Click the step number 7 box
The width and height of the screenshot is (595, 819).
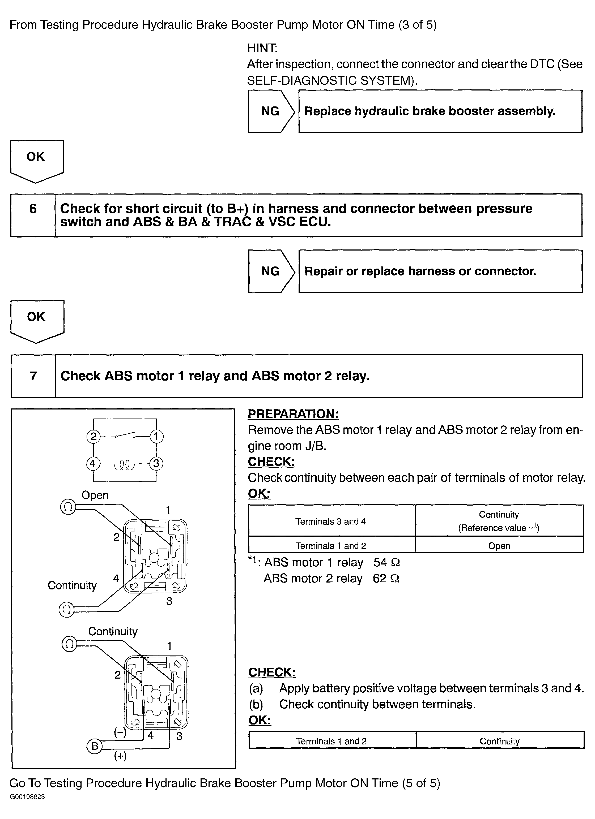pyautogui.click(x=33, y=376)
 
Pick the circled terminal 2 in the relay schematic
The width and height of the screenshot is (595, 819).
pyautogui.click(x=93, y=437)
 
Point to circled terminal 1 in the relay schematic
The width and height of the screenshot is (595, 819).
pyautogui.click(x=156, y=437)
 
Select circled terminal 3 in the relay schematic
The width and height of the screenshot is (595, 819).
pyautogui.click(x=156, y=463)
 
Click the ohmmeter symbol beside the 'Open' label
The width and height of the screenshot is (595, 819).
pyautogui.click(x=68, y=507)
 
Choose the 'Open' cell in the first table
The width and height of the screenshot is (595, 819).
pyautogui.click(x=499, y=546)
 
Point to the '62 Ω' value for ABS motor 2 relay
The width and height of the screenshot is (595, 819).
pyautogui.click(x=386, y=579)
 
